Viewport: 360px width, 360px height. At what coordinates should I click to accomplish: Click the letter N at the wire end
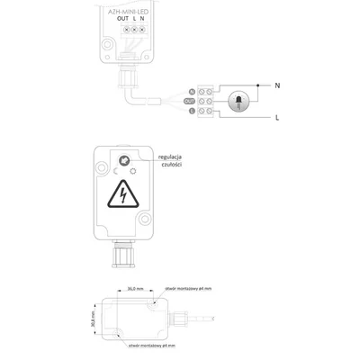(276, 85)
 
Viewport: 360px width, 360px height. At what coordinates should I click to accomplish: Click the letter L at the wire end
(277, 118)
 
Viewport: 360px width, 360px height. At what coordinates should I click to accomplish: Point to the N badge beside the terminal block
(192, 91)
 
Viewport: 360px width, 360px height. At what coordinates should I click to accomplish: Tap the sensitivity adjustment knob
(122, 160)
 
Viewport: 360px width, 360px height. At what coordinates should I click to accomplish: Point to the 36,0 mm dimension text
(132, 288)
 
